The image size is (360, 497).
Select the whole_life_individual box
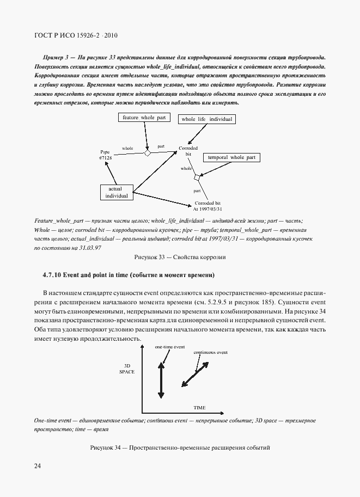206,119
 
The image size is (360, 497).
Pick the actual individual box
117,192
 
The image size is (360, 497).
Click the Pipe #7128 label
105,155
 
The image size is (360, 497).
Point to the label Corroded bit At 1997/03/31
208,205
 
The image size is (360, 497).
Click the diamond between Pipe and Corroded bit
147,153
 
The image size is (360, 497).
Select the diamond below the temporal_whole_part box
198,177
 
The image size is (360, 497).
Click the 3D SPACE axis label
126,368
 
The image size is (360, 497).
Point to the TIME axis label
199,407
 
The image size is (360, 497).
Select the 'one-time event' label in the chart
169,347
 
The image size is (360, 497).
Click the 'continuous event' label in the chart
210,353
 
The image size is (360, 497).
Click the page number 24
38,466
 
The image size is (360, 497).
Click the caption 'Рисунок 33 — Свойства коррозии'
180,256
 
